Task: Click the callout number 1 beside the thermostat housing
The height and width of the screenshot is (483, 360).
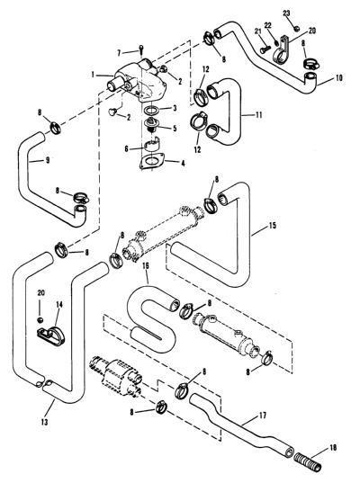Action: (x=93, y=75)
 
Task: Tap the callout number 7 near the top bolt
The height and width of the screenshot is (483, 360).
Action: (x=120, y=53)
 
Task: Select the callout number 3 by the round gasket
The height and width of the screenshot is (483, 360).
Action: (x=175, y=108)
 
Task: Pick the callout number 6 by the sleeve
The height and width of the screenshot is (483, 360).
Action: (x=126, y=148)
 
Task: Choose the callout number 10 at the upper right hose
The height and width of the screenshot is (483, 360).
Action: (x=338, y=78)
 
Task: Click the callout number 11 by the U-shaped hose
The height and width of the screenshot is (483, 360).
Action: (x=258, y=115)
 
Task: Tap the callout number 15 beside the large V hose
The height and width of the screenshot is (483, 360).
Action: (x=273, y=226)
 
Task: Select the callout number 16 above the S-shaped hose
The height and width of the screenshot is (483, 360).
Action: (x=146, y=266)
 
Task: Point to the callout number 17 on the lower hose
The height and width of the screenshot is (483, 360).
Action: (x=263, y=416)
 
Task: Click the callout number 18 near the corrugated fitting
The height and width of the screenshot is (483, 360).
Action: (x=333, y=448)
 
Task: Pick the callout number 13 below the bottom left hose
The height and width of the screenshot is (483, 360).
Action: (x=44, y=422)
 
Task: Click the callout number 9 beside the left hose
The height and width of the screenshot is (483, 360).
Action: (x=48, y=160)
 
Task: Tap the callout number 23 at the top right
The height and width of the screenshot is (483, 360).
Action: (x=286, y=13)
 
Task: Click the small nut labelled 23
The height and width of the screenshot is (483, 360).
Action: (x=296, y=29)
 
